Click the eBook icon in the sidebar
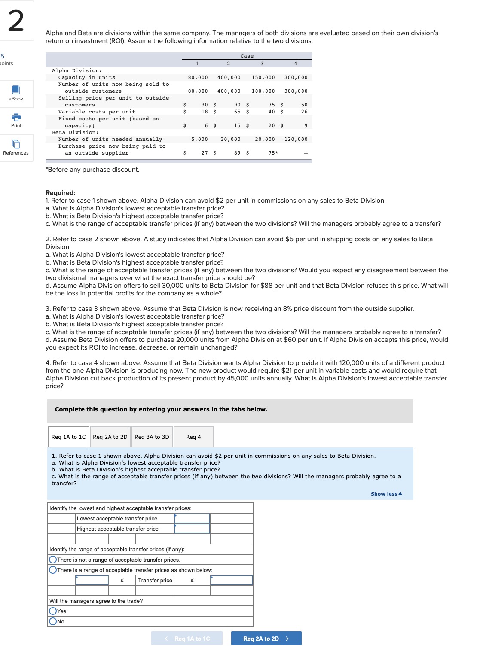tap(16, 90)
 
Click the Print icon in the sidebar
tap(16, 117)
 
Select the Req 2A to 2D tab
tap(110, 437)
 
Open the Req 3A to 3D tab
tap(152, 437)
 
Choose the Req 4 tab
tap(193, 437)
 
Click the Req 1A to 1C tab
tap(68, 437)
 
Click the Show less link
tap(386, 494)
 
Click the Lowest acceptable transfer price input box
tap(192, 519)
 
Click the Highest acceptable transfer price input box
tap(192, 529)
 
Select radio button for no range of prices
tap(53, 560)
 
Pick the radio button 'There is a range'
tap(53, 570)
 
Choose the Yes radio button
tap(53, 611)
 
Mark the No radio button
tap(53, 621)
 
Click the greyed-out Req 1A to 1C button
tap(187, 639)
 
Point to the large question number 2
tap(16, 21)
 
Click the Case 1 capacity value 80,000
tap(198, 77)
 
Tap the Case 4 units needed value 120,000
tap(296, 139)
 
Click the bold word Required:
tap(61, 193)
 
